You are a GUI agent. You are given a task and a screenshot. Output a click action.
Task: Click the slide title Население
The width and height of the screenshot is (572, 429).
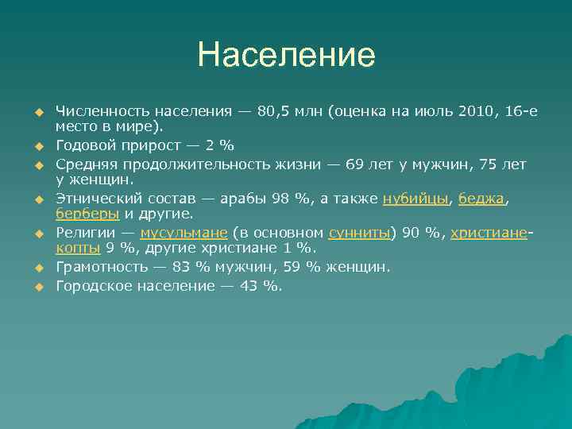coord(286,55)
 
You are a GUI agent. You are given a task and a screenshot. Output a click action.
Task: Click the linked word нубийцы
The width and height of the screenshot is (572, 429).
coord(415,199)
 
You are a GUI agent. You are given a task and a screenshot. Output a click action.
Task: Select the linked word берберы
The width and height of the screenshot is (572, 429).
coord(87,214)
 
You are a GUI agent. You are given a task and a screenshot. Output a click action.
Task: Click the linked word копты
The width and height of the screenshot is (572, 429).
coord(78,248)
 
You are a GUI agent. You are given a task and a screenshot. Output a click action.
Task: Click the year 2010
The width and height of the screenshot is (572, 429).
coord(475,111)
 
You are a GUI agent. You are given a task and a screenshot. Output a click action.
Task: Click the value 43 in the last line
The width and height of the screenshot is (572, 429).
coord(249,286)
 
